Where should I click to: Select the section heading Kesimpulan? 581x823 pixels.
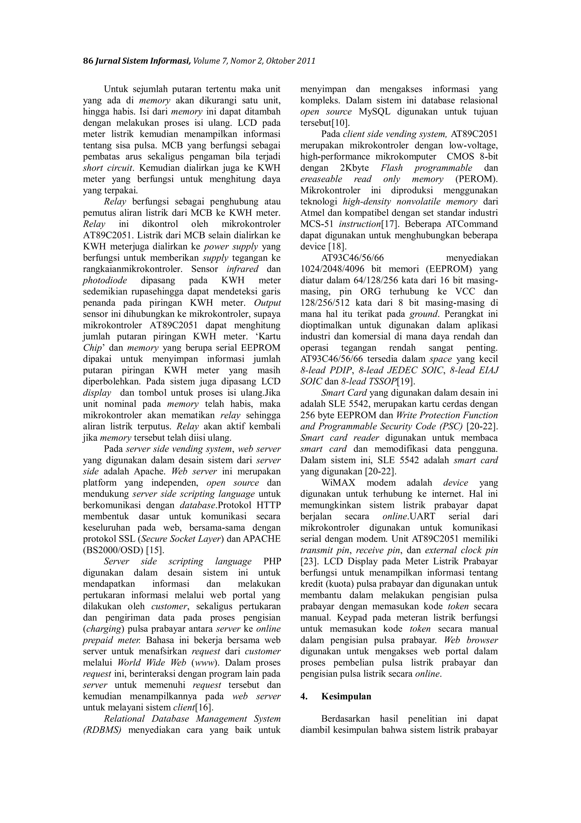pos(346,697)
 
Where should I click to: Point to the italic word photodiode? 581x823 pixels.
pos(105,280)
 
